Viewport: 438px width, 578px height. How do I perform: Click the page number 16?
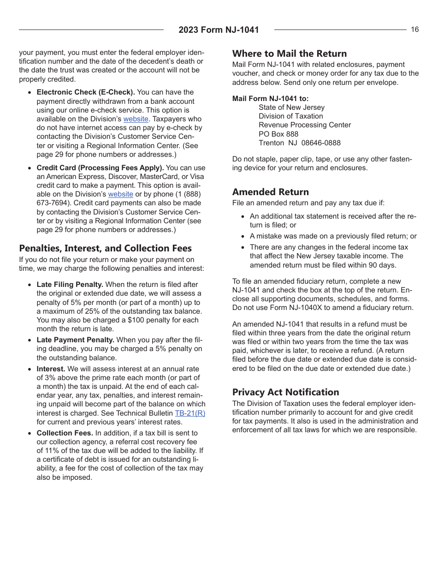(415, 30)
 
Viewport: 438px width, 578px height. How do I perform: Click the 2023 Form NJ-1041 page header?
(219, 30)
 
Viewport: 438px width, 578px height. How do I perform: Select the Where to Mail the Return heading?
(289, 54)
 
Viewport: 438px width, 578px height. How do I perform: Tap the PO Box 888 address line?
(278, 134)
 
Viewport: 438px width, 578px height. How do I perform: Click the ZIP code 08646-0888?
(321, 143)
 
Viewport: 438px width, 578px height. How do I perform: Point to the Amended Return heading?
(270, 192)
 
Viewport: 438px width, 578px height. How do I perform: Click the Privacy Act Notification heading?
(285, 392)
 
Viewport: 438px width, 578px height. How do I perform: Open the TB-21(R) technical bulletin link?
(190, 413)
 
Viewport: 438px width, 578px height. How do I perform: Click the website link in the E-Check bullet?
(136, 119)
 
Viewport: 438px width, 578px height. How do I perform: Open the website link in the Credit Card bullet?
(120, 194)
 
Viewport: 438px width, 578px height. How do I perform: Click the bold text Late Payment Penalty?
(76, 340)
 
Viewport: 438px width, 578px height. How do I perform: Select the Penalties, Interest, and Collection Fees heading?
(105, 248)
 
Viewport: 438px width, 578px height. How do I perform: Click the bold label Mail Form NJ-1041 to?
(271, 98)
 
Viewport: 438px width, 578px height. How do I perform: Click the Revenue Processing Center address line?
(304, 125)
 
